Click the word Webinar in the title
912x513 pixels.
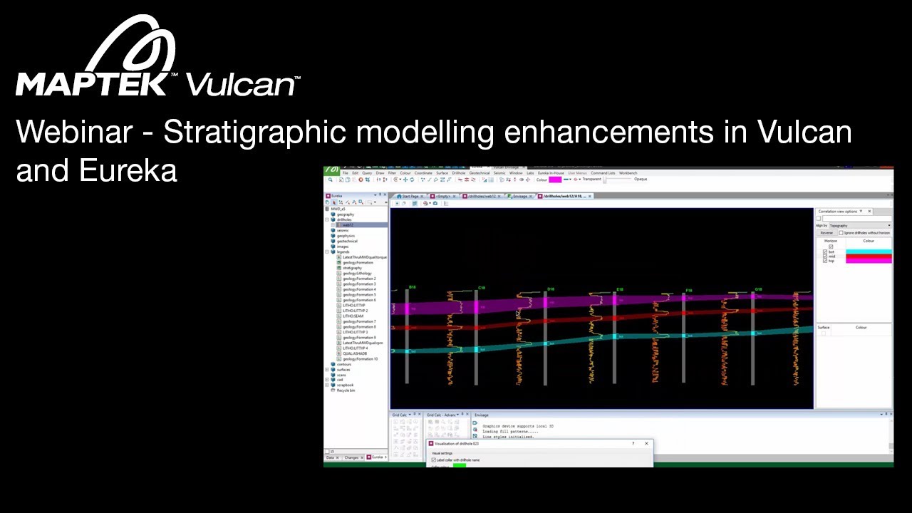tap(74, 133)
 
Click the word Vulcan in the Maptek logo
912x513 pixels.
tap(241, 84)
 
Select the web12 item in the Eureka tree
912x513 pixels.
tap(348, 225)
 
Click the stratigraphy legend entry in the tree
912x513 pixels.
tap(353, 268)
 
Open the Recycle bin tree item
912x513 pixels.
tap(346, 390)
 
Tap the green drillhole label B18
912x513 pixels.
tap(413, 287)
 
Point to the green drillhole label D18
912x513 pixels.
tap(550, 289)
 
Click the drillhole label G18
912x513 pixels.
tap(759, 290)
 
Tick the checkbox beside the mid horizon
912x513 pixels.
tap(825, 256)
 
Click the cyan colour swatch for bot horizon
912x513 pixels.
tap(868, 252)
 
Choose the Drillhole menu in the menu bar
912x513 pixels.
tap(458, 173)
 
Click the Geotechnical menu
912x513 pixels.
tap(480, 173)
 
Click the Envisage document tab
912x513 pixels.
tap(520, 196)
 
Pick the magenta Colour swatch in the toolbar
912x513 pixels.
tap(554, 180)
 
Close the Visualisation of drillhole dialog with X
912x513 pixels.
tap(646, 444)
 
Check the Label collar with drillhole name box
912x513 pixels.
tap(434, 460)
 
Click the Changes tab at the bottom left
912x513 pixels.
tap(351, 457)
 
